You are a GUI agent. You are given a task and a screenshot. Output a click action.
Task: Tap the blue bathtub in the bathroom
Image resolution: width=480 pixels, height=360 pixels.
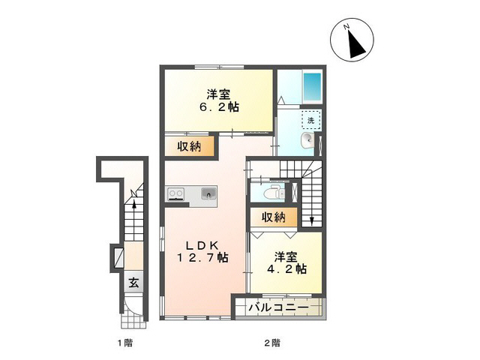[311, 89]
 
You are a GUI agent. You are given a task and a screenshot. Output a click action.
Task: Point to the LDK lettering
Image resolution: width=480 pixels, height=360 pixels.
[202, 245]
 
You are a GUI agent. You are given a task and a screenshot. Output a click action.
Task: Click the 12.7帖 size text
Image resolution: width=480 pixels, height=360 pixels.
[202, 259]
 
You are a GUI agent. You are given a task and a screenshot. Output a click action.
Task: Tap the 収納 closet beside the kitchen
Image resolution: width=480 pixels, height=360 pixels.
[189, 146]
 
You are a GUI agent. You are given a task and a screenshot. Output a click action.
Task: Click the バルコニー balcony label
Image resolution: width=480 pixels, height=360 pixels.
[280, 307]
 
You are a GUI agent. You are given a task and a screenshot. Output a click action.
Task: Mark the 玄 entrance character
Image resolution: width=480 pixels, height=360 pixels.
[133, 283]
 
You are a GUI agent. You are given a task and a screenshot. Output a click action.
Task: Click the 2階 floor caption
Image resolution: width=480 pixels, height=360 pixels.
[271, 343]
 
